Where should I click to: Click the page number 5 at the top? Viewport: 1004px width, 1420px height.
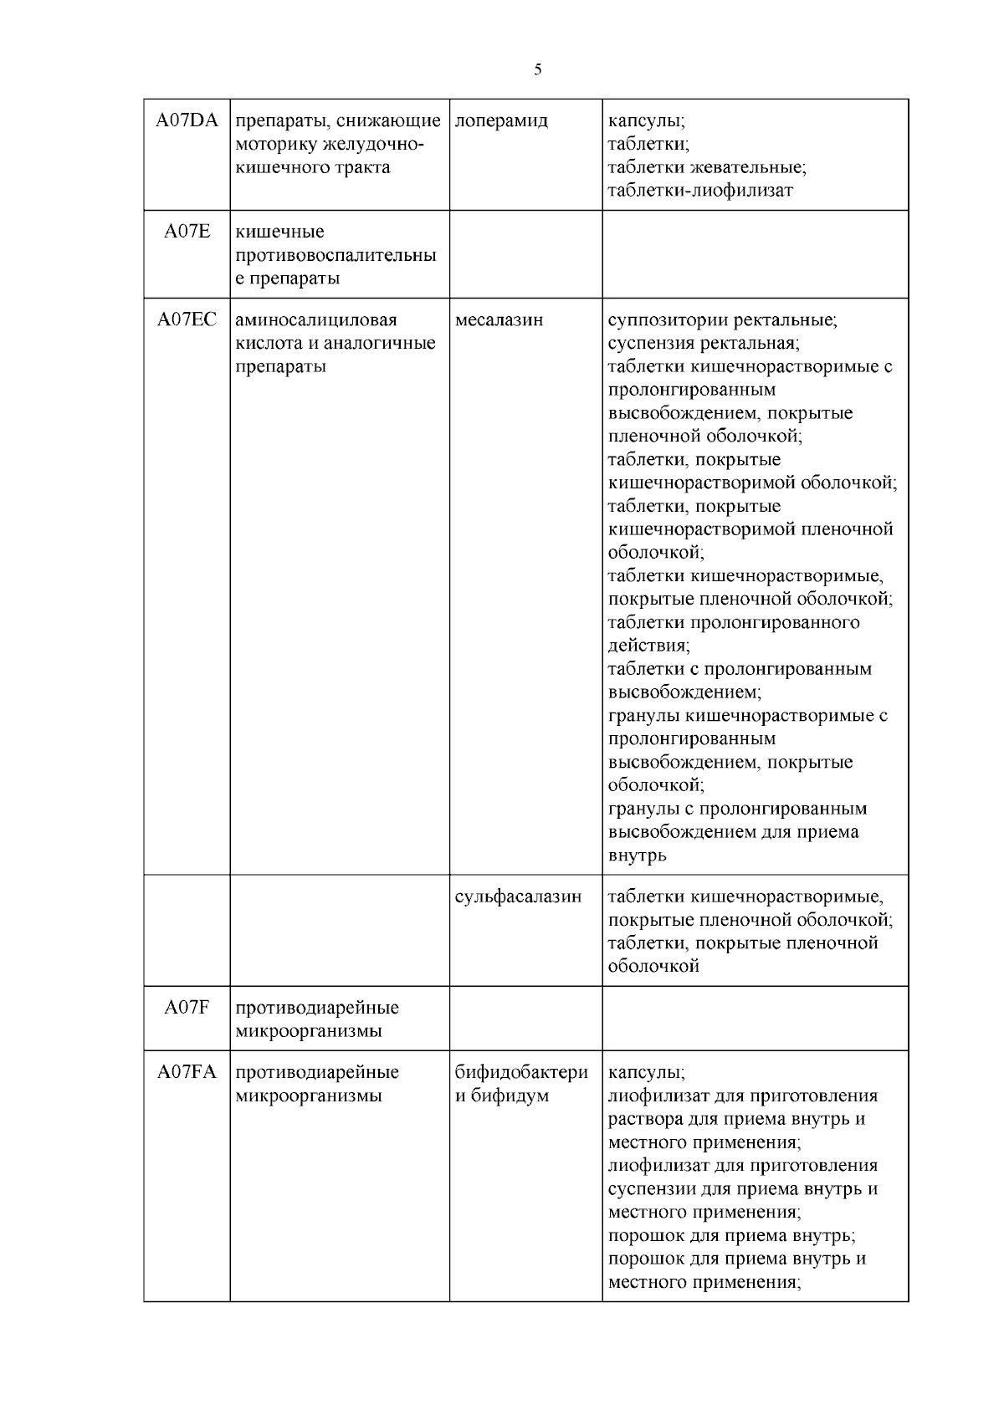(537, 70)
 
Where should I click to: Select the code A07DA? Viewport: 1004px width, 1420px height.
(187, 120)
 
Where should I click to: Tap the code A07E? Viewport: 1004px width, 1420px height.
(187, 232)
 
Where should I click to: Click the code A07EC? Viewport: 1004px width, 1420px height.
(187, 319)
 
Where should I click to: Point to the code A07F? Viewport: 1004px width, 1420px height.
(187, 1008)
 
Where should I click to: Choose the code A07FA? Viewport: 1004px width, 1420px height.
(187, 1072)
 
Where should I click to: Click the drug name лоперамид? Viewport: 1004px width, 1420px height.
(501, 120)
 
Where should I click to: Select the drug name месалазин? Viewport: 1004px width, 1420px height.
(499, 319)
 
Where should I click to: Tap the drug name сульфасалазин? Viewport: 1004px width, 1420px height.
(518, 896)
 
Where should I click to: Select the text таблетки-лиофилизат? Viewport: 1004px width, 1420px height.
(699, 191)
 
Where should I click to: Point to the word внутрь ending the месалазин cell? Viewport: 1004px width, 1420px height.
(637, 856)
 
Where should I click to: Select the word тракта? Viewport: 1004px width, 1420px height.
(360, 167)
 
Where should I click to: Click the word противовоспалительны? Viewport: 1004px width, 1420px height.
(336, 255)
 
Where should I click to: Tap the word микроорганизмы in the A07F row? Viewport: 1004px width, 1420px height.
(308, 1031)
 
